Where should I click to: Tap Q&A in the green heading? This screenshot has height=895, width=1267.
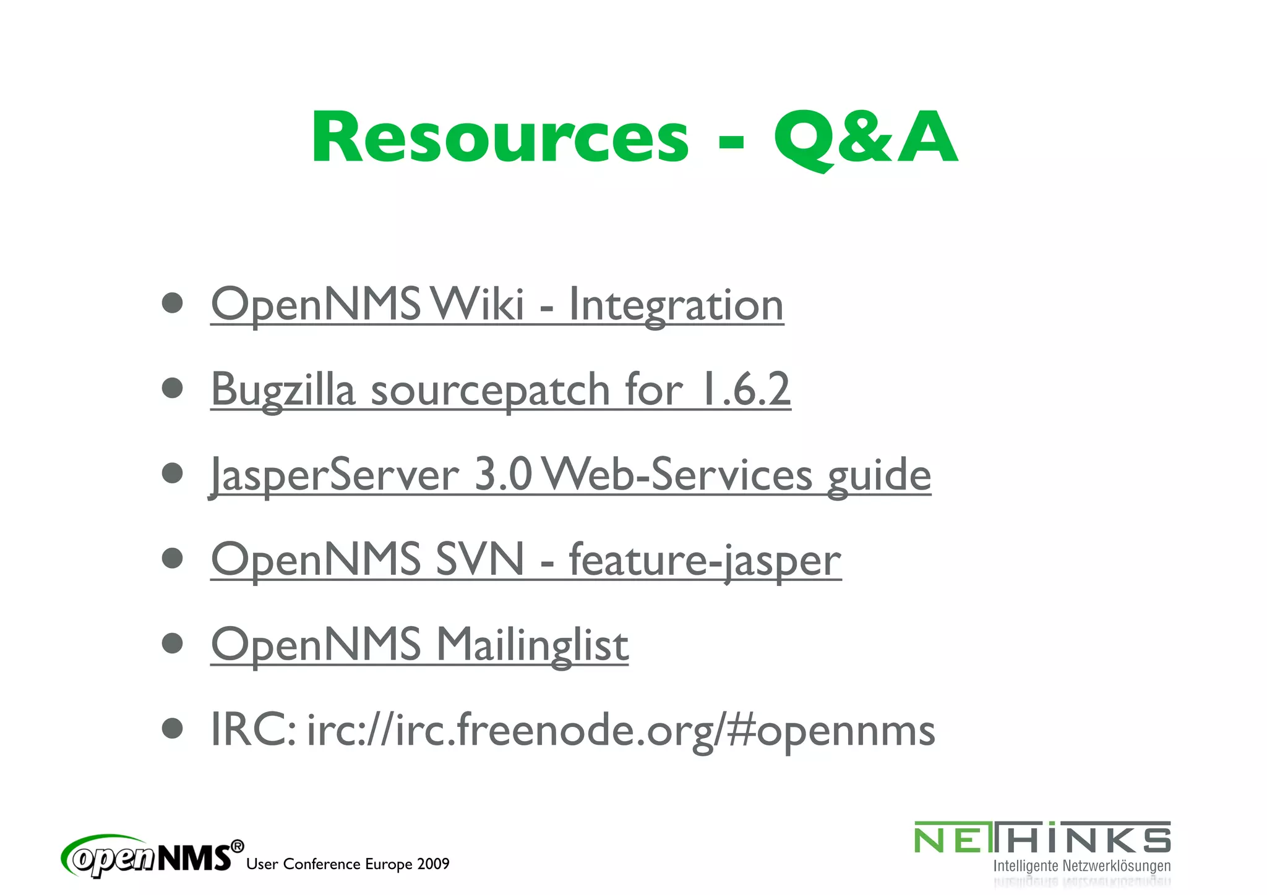(865, 138)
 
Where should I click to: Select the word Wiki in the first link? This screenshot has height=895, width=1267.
(478, 304)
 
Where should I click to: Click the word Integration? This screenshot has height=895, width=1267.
(676, 305)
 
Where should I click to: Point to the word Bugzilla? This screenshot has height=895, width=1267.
(283, 389)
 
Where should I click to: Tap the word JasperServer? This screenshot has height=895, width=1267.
(333, 475)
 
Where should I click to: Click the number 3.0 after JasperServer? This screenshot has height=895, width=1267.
(502, 474)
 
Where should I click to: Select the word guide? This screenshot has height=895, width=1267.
(878, 475)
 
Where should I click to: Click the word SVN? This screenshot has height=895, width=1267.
(479, 559)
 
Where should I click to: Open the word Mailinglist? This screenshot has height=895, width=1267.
(532, 645)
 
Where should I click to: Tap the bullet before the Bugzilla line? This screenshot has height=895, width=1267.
(172, 388)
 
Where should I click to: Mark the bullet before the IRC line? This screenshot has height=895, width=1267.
(172, 728)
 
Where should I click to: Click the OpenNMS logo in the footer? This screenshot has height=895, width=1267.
(152, 857)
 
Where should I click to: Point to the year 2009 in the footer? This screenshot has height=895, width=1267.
(433, 864)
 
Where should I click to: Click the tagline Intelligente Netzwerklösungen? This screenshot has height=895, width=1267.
(1081, 866)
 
